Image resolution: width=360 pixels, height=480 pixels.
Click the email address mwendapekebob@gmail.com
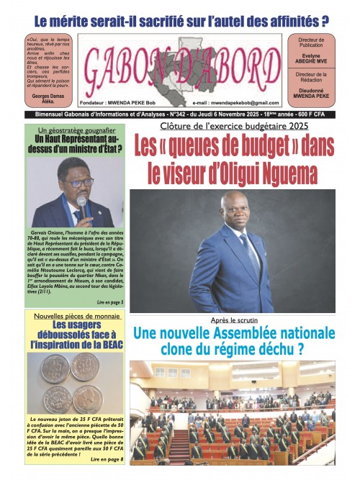pyautogui.click(x=235, y=105)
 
